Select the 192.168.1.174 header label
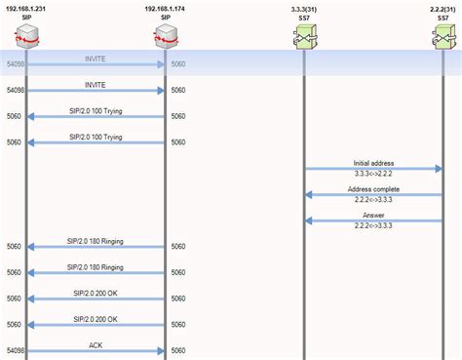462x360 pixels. coord(166,8)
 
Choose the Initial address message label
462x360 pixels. coord(373,163)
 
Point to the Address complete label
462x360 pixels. coord(373,188)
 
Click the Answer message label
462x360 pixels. coord(373,215)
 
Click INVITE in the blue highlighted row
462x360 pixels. coord(96,58)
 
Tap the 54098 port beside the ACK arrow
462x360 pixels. coord(15,350)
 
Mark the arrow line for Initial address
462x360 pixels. coord(373,170)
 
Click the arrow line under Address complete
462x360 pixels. coord(373,195)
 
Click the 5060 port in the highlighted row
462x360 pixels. coord(177,64)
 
